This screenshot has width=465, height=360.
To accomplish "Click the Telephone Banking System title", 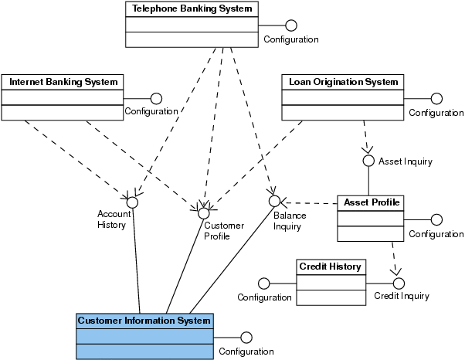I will coord(191,8).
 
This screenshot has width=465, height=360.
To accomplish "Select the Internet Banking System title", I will coord(63,81).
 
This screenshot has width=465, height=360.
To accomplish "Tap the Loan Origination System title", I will coord(343,81).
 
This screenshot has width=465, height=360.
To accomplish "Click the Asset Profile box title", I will coord(372,202).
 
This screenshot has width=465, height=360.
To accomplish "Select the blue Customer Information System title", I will coord(144,321).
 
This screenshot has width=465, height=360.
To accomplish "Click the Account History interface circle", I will coord(132,202).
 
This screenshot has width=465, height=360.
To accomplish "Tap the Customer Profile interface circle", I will coord(204,212).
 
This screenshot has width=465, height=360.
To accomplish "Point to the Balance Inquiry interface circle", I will coord(274,201).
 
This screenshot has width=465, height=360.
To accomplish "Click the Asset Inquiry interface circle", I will coord(368,161).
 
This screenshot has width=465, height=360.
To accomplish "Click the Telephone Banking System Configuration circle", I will coord(290,25).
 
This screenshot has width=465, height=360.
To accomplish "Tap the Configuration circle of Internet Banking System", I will coord(156,97).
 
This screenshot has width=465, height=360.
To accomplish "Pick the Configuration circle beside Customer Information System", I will coord(246,337).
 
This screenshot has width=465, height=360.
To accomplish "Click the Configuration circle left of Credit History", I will coord(263,281).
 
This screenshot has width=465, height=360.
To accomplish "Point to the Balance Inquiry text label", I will coord(288,221).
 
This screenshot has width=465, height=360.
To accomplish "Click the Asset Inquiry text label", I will coord(405,161).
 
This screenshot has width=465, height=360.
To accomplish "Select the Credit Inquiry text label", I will coord(402,296).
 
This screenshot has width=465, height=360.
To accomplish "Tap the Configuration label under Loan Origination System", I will coord(436,113).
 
